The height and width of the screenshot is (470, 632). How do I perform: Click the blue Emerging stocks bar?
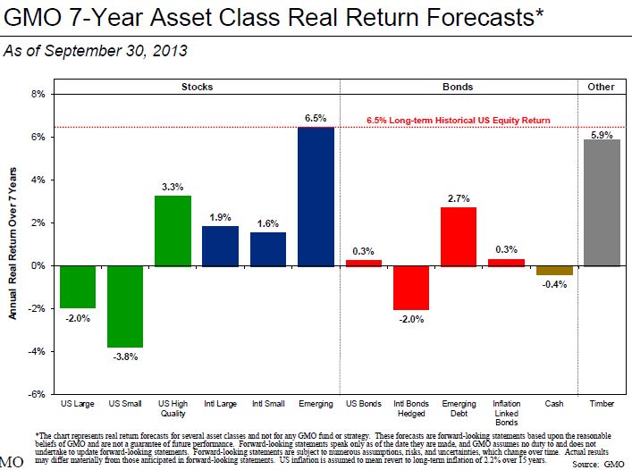pyautogui.click(x=316, y=197)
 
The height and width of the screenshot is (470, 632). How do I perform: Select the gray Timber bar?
pyautogui.click(x=601, y=203)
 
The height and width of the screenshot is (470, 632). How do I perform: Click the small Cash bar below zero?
pyautogui.click(x=553, y=270)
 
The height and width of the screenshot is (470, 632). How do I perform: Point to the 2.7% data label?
pyautogui.click(x=459, y=198)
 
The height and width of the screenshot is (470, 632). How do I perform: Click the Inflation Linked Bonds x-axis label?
pyautogui.click(x=506, y=413)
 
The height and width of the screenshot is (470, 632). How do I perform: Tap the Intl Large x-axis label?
pyautogui.click(x=220, y=405)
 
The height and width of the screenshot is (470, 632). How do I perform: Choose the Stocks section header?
pyautogui.click(x=197, y=87)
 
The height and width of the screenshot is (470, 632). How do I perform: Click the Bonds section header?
pyautogui.click(x=458, y=87)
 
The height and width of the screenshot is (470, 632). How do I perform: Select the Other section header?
pyautogui.click(x=601, y=87)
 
